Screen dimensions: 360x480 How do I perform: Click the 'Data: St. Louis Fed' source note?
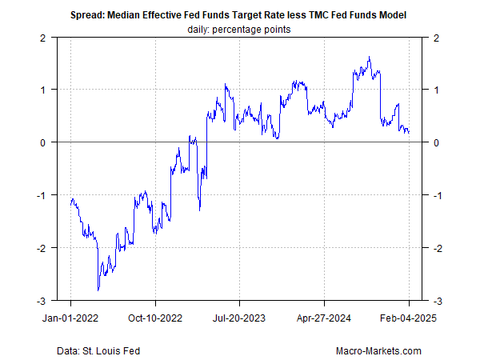(x=95, y=350)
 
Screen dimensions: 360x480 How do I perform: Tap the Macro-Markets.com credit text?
(x=379, y=350)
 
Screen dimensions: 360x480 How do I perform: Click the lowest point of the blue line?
(x=98, y=290)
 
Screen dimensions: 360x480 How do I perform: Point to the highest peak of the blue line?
(x=369, y=57)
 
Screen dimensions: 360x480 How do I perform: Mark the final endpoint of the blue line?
(x=410, y=133)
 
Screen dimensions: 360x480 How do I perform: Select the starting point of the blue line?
(x=70, y=201)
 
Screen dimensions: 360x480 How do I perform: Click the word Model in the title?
(x=394, y=15)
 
